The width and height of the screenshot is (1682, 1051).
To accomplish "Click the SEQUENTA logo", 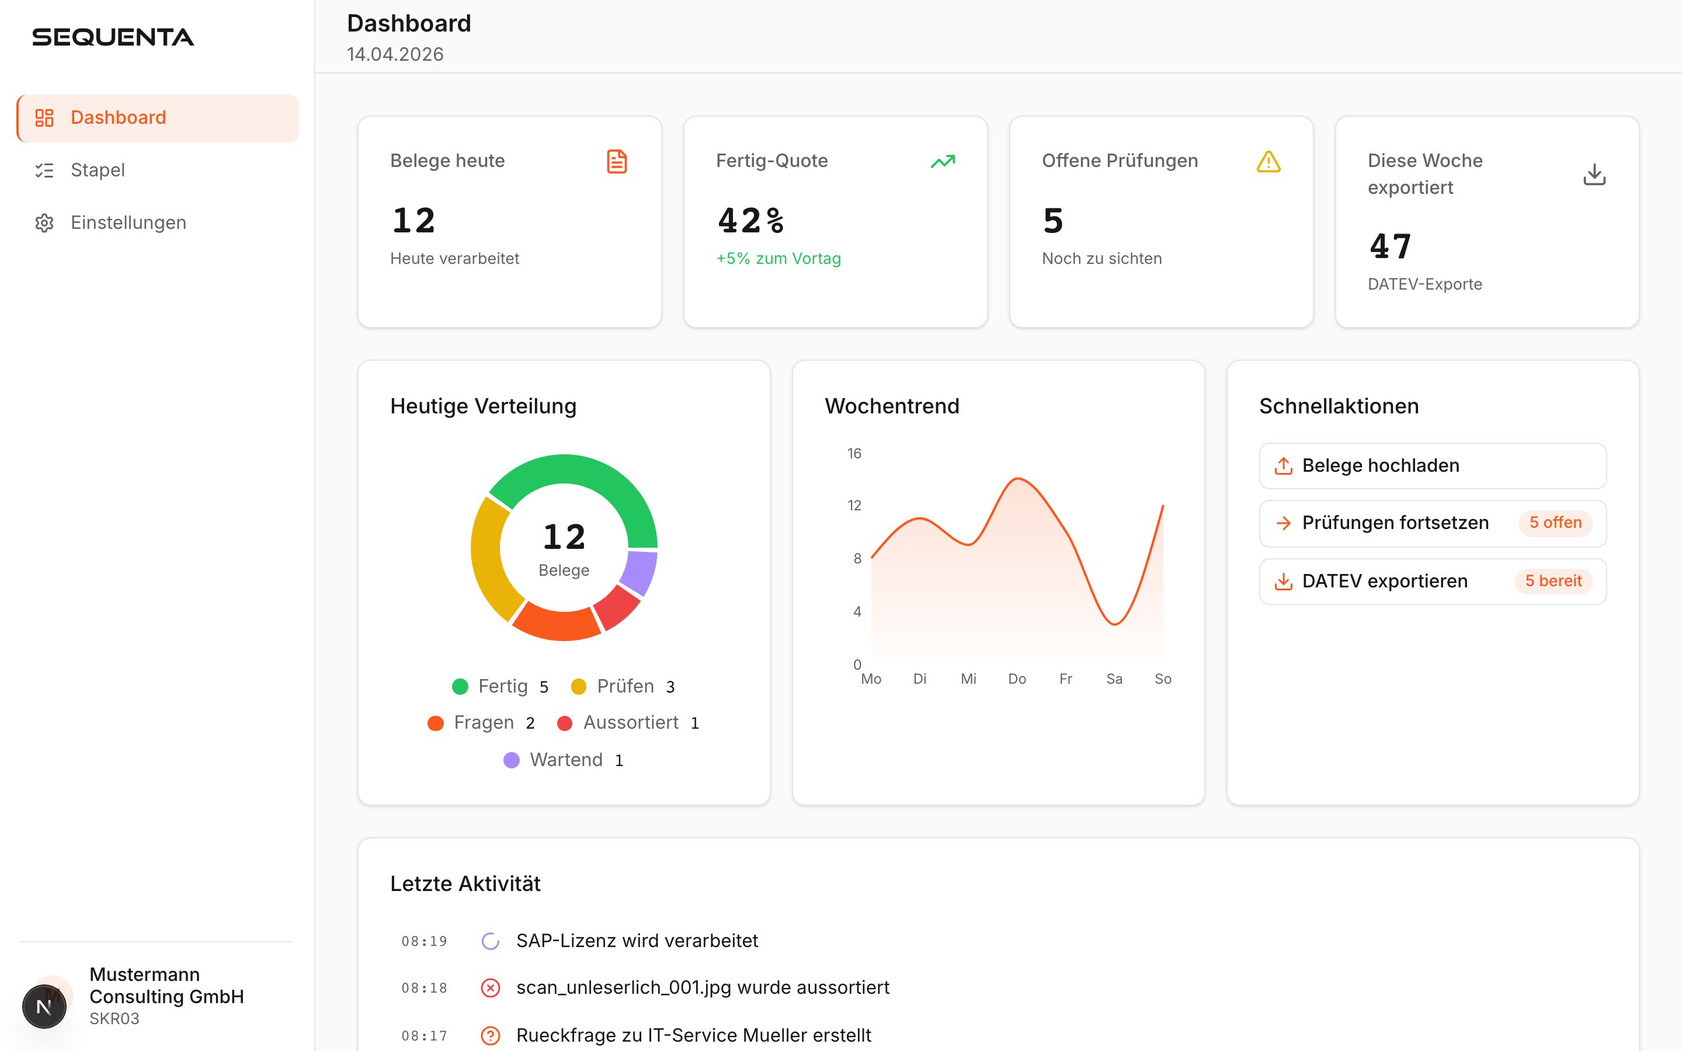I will click(x=113, y=37).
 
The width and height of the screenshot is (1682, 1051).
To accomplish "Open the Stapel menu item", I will click(x=98, y=170).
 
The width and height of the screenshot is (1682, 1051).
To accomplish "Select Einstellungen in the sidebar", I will click(x=128, y=223).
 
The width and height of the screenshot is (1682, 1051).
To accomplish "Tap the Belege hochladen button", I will click(x=1432, y=466).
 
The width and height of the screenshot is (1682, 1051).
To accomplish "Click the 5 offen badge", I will click(x=1555, y=523).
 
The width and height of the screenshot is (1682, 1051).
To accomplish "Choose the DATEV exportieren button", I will click(x=1432, y=581).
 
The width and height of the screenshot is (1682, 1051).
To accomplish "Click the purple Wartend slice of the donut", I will click(x=640, y=572).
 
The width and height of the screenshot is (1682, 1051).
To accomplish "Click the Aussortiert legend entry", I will click(x=630, y=723).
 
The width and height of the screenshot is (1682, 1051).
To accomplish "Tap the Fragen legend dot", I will click(x=436, y=723).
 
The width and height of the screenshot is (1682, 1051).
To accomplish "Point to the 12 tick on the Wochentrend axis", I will click(x=854, y=505).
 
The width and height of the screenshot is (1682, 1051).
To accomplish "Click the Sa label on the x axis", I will click(x=1114, y=679).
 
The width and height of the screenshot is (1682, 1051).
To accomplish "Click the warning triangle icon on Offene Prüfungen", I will click(x=1269, y=162).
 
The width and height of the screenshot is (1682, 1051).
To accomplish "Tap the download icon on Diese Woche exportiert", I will click(x=1594, y=175).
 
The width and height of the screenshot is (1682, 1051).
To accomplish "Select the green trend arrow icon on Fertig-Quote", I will click(x=943, y=162).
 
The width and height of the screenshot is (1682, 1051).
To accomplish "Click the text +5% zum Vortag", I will click(x=779, y=259).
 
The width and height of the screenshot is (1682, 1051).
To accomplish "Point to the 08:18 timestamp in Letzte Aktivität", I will click(x=424, y=988).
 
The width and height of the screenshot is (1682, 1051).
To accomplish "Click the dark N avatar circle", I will click(x=44, y=1007).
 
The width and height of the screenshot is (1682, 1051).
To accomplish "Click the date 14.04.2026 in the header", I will click(x=395, y=54).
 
